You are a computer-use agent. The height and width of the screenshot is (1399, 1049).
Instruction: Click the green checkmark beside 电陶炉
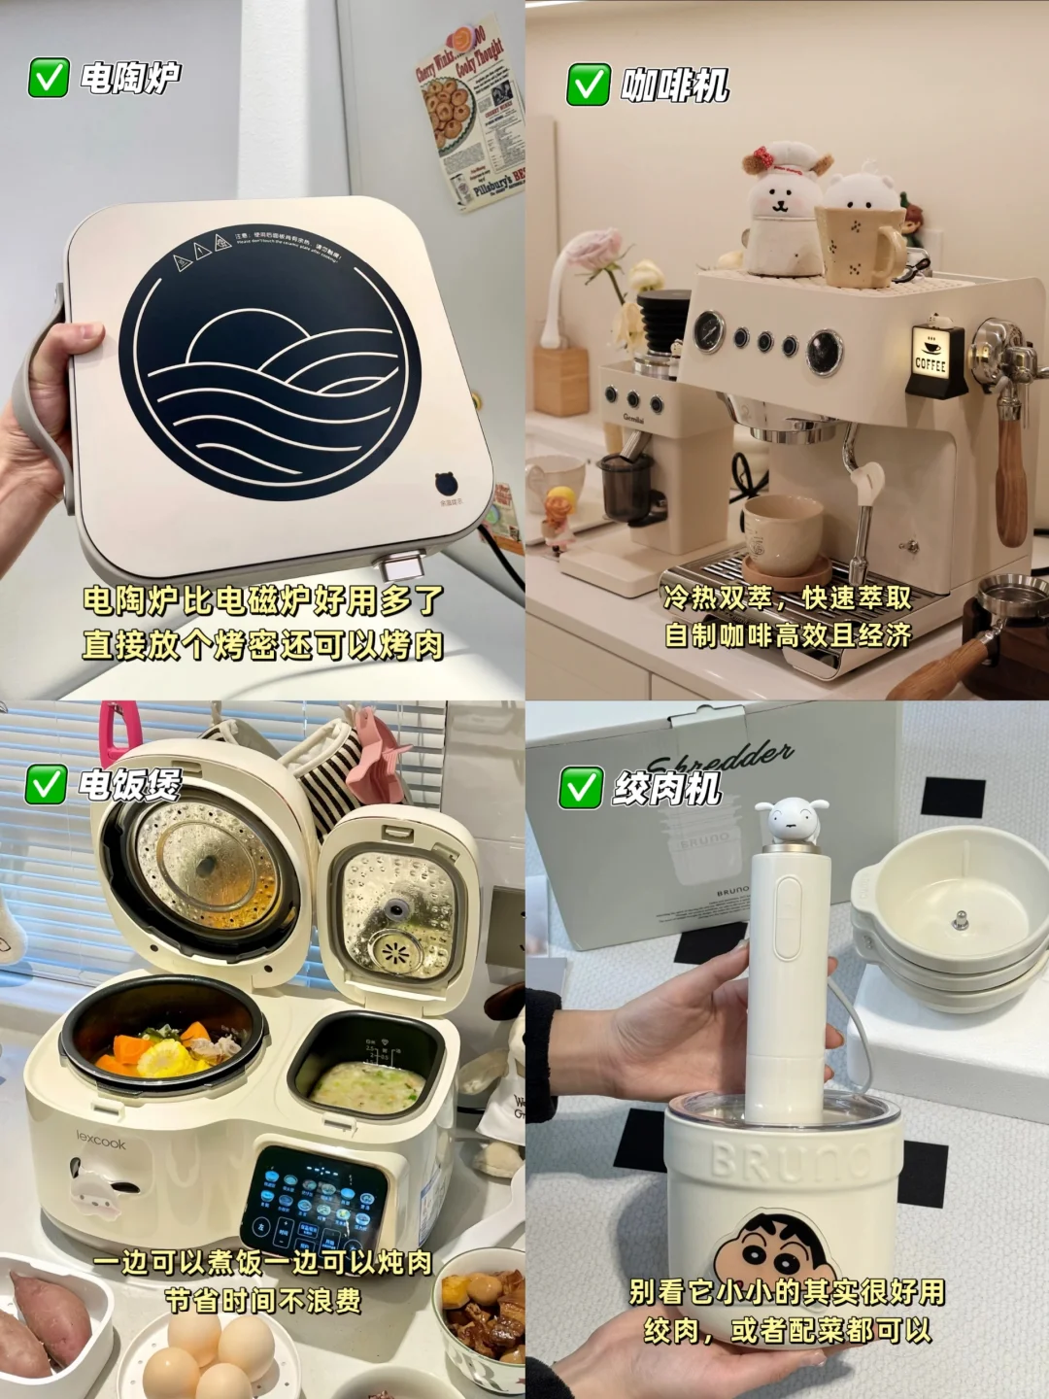pyautogui.click(x=49, y=78)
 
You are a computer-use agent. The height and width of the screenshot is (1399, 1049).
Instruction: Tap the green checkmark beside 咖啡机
pyautogui.click(x=588, y=85)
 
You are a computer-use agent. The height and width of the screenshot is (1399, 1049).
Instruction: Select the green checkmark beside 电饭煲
pyautogui.click(x=46, y=784)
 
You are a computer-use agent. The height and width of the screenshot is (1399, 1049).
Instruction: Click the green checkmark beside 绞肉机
pyautogui.click(x=580, y=788)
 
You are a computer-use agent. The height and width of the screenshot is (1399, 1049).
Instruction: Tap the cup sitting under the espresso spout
pyautogui.click(x=781, y=533)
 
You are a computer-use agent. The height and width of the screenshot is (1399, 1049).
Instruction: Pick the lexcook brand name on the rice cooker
pyautogui.click(x=101, y=1143)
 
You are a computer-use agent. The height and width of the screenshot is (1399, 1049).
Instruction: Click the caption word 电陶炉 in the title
pyautogui.click(x=130, y=78)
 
